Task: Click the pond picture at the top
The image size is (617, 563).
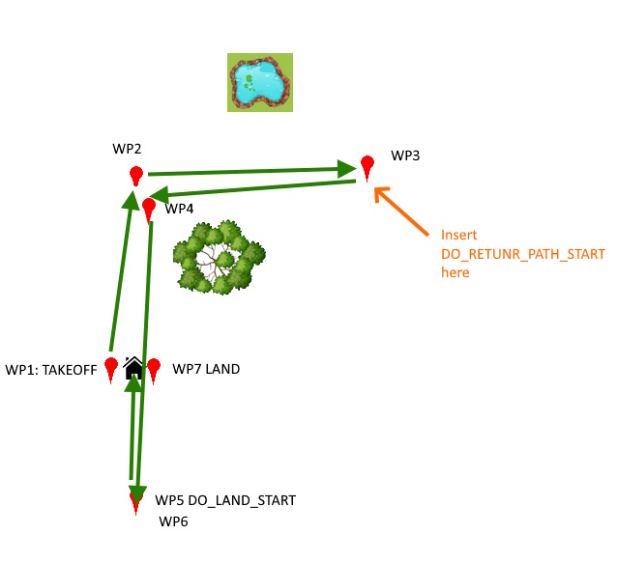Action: click(x=260, y=82)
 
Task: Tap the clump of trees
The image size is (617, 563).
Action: click(x=219, y=257)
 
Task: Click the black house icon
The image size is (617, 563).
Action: click(x=134, y=367)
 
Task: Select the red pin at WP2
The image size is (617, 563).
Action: click(x=136, y=176)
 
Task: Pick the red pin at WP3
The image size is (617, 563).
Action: click(x=367, y=165)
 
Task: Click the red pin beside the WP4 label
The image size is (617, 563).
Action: click(x=149, y=209)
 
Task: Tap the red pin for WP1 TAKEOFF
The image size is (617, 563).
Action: click(x=112, y=367)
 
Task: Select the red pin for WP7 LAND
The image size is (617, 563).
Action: click(x=153, y=367)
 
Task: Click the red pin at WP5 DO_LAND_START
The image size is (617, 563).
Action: click(x=136, y=500)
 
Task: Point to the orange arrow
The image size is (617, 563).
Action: click(x=400, y=211)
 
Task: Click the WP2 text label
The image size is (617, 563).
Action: click(x=127, y=149)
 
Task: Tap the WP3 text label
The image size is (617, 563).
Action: click(x=405, y=155)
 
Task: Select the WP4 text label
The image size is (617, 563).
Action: click(x=180, y=209)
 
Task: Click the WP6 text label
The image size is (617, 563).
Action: click(x=174, y=521)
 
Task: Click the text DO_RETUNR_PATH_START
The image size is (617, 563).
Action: click(x=523, y=254)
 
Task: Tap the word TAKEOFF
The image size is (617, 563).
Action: click(x=73, y=370)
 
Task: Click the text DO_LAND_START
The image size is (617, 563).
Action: click(x=241, y=500)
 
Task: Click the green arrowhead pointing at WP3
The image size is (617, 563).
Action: click(x=347, y=169)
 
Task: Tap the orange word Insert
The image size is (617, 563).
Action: click(x=458, y=235)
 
